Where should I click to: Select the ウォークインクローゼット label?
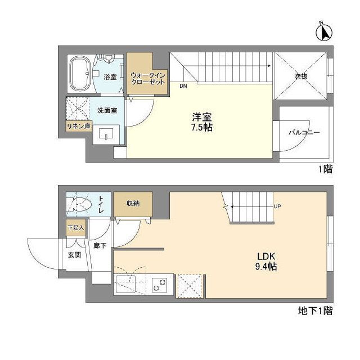pos(147,78)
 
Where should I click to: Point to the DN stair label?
pos(183,87)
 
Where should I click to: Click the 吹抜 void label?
pos(300,77)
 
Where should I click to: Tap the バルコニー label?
pos(304,133)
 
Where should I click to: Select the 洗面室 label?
pos(107,110)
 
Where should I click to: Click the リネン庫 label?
pos(79,127)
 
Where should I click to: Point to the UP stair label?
pos(277,206)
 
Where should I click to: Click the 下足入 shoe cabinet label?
pos(75,228)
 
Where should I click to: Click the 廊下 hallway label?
pos(100,246)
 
